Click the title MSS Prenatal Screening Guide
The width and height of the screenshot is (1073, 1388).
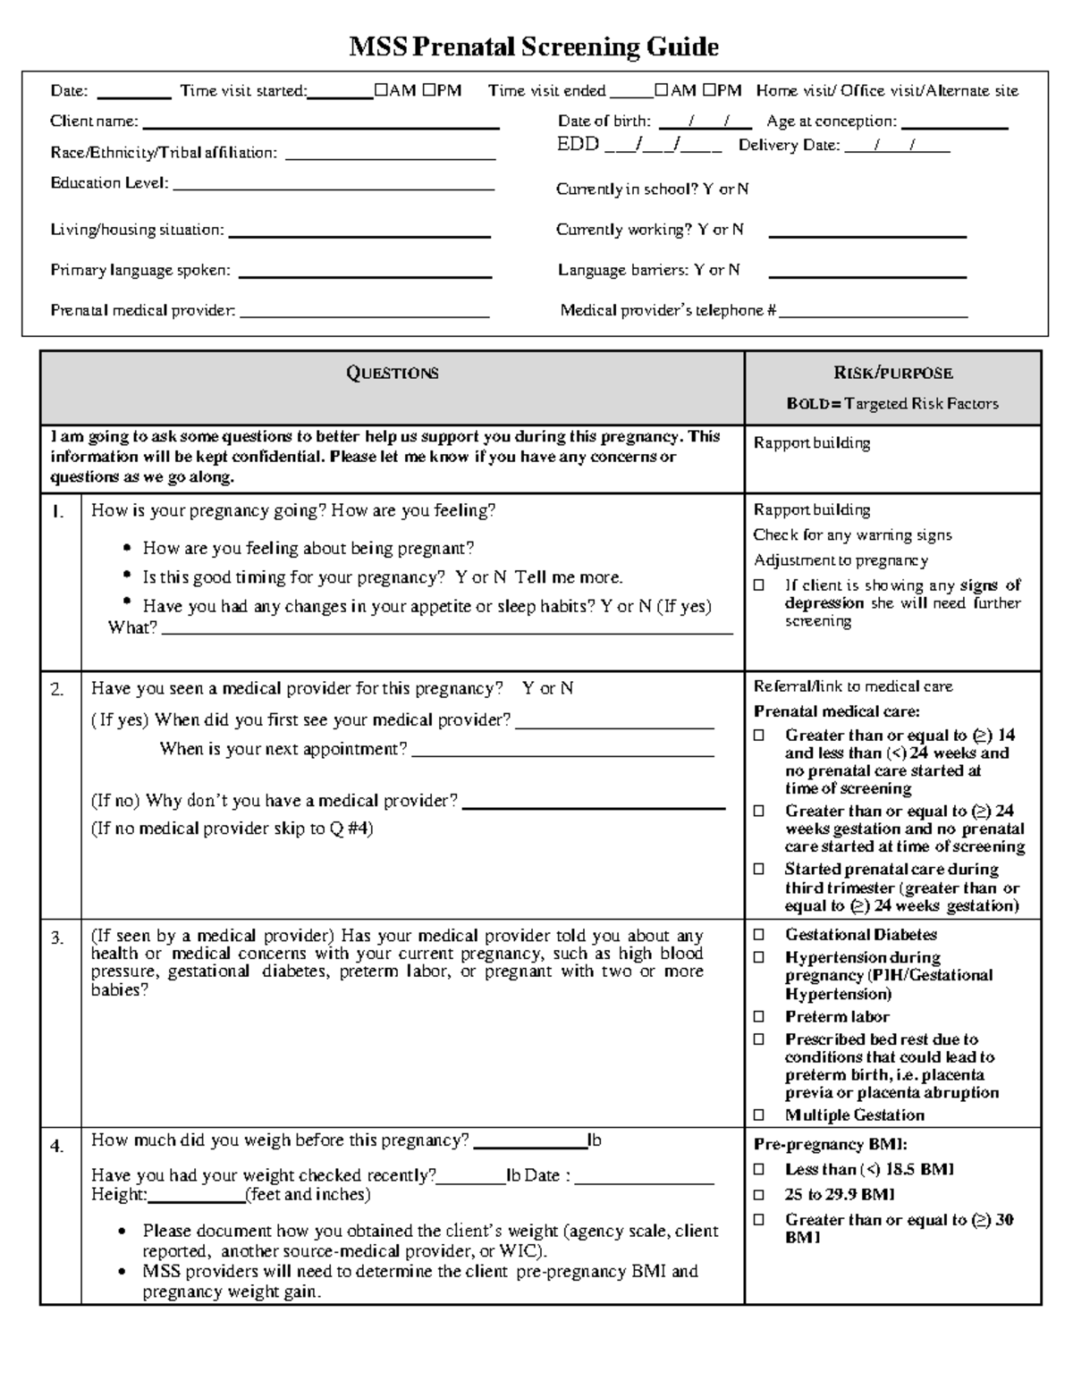click(x=533, y=46)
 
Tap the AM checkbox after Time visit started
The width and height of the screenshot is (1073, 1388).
click(x=382, y=90)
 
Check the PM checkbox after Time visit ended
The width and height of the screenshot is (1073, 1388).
click(x=709, y=90)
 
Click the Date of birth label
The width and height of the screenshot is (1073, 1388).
click(x=604, y=122)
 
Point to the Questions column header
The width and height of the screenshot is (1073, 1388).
click(x=392, y=374)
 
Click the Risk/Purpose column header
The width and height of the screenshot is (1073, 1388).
click(x=892, y=374)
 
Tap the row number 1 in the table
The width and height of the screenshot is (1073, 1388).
click(x=58, y=513)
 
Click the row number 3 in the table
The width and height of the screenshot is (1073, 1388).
click(x=58, y=938)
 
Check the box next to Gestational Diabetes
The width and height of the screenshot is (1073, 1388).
click(x=759, y=935)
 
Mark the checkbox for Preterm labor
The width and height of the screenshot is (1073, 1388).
click(x=759, y=1017)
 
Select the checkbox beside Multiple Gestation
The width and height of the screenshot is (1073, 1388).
click(x=759, y=1115)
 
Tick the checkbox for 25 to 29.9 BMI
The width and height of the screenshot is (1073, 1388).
click(x=759, y=1195)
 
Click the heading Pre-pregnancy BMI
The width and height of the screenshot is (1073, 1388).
click(x=830, y=1145)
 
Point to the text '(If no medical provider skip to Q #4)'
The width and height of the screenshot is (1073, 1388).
click(x=232, y=829)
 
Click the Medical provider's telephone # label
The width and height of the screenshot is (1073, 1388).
click(x=667, y=311)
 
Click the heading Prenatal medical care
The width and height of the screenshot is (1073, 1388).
click(x=836, y=712)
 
